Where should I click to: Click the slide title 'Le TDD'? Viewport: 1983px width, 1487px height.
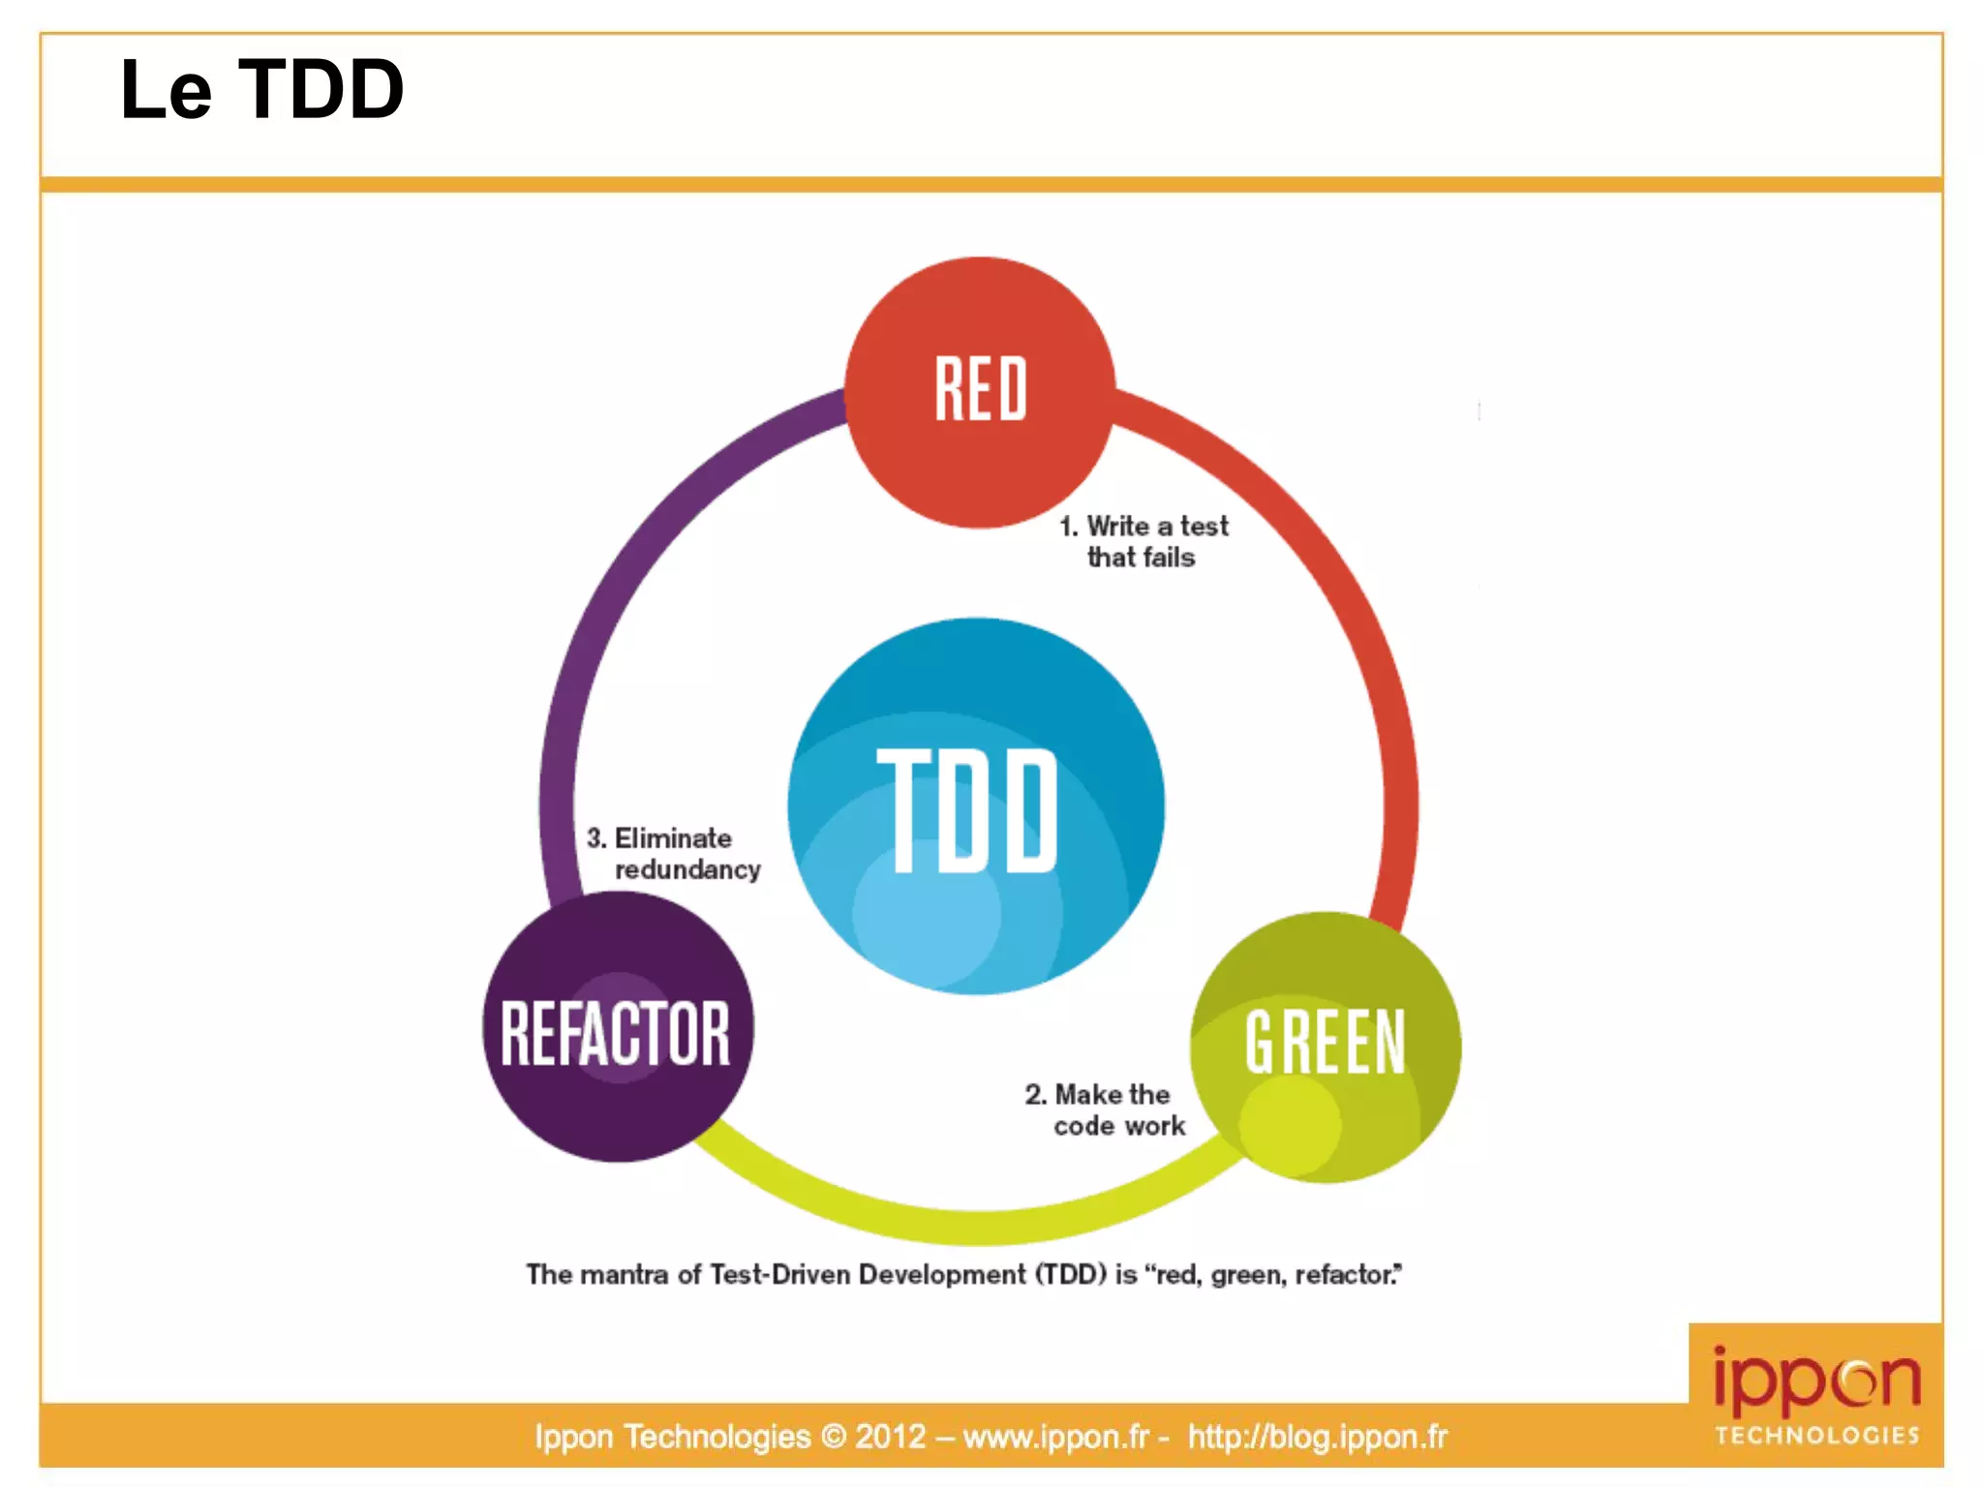click(x=261, y=89)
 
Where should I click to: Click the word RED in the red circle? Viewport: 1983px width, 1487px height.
click(x=980, y=389)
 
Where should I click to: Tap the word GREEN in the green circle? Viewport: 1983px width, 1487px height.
click(x=1325, y=1042)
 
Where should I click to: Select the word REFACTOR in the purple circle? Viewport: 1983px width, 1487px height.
click(x=616, y=1034)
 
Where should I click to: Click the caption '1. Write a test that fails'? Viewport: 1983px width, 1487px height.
click(x=1143, y=541)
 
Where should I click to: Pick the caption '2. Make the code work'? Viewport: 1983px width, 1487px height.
click(x=1106, y=1109)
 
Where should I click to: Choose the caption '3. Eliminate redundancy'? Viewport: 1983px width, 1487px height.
click(x=673, y=853)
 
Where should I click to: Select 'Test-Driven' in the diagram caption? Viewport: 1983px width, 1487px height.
click(x=780, y=1274)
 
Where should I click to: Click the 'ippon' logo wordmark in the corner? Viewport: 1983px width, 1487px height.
click(x=1816, y=1379)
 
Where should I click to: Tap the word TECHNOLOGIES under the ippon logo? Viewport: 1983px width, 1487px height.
click(x=1816, y=1435)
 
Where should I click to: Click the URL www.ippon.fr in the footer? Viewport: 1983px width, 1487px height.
click(x=1055, y=1437)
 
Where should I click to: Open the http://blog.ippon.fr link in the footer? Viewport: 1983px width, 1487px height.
click(x=1317, y=1437)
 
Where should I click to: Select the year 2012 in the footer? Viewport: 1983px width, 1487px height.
click(x=890, y=1437)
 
